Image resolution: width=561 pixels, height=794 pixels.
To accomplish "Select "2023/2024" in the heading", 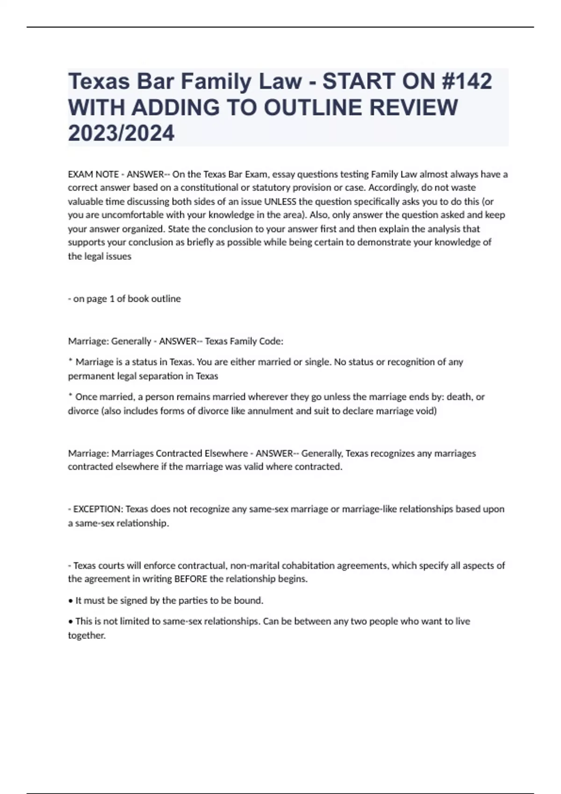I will point(121,133).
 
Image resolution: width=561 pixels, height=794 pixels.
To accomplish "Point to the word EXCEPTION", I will point(98,509).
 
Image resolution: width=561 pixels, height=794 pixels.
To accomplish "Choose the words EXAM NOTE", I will point(93,174).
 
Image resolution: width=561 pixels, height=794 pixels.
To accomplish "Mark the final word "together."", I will point(87,635).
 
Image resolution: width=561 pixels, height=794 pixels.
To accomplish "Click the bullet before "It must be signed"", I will point(71,601).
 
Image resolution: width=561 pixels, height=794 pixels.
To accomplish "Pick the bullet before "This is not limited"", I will point(71,622).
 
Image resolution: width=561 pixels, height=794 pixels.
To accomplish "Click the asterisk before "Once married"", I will point(70,396).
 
